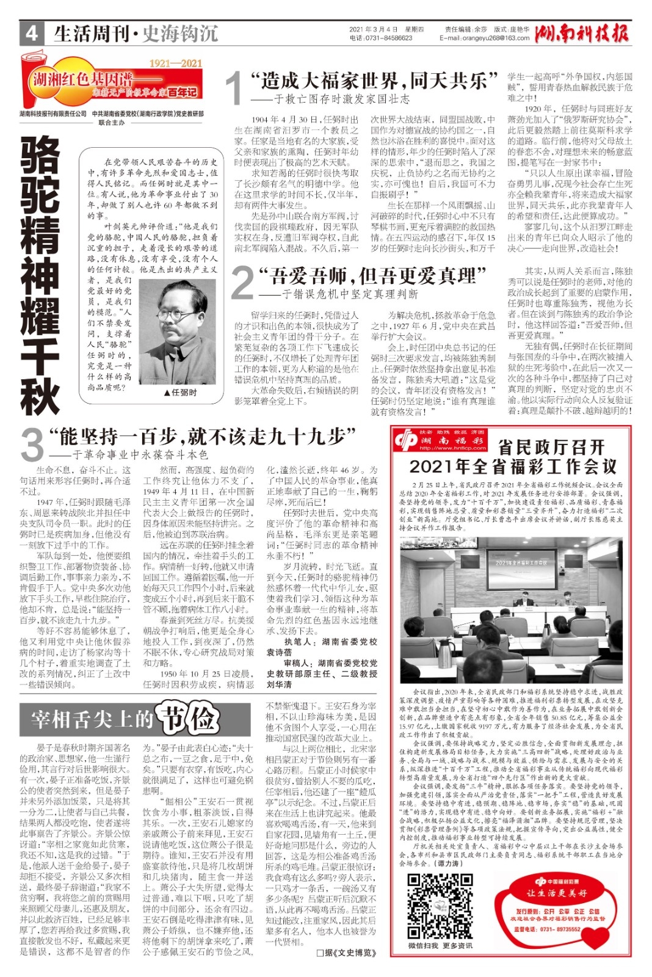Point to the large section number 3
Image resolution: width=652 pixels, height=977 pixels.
coord(31,445)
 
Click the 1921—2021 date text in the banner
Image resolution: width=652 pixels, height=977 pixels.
coord(175,63)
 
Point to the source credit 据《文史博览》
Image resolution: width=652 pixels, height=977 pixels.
coord(346,952)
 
